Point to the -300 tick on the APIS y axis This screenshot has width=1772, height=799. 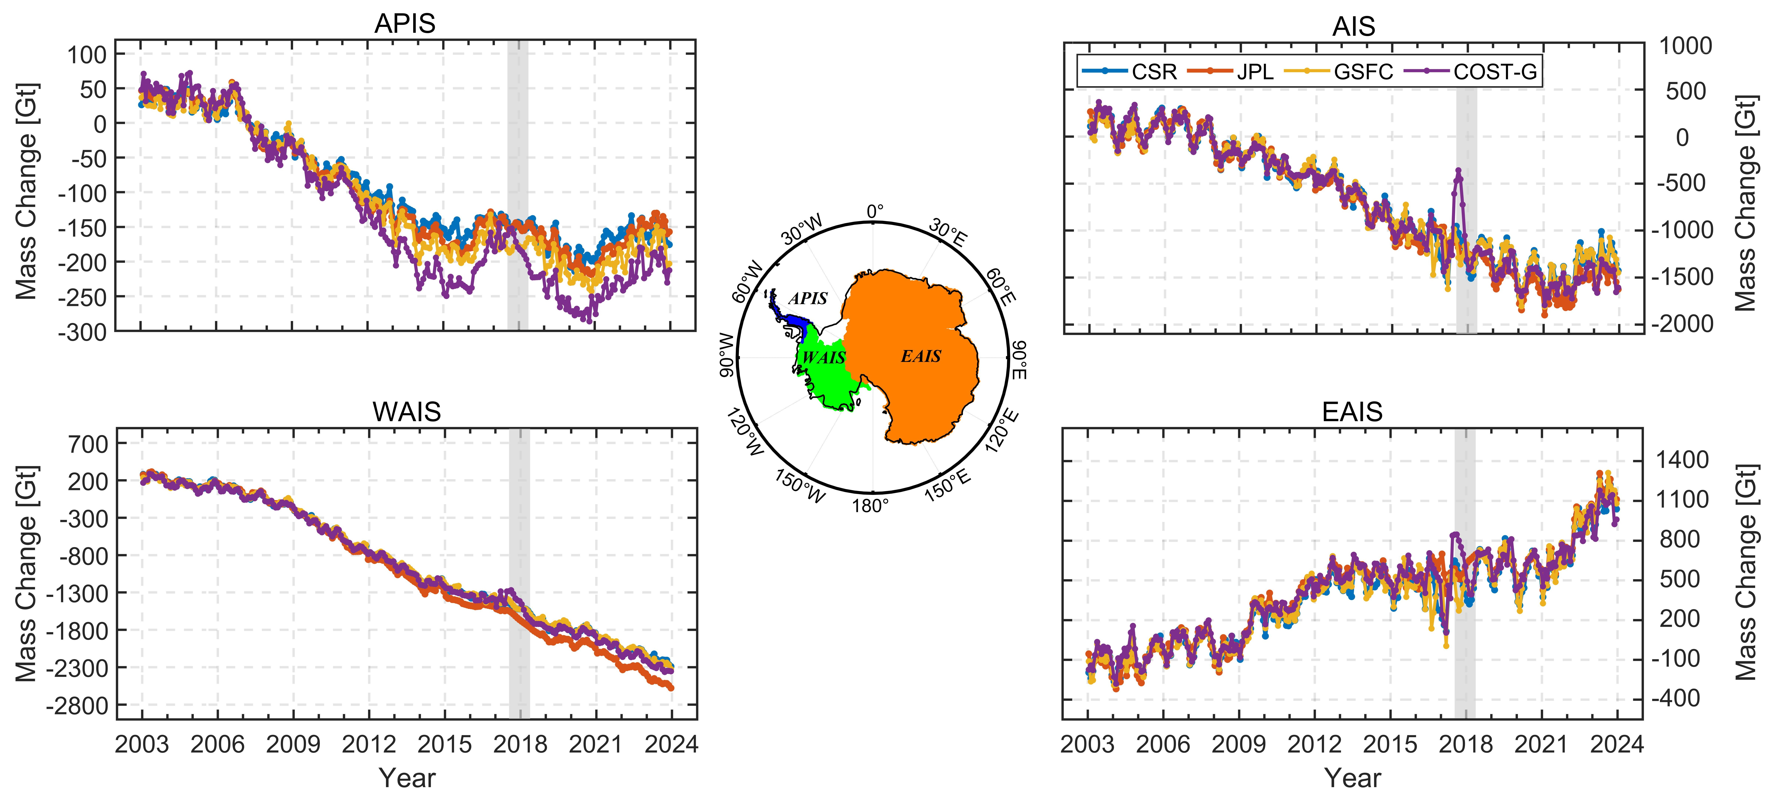point(82,332)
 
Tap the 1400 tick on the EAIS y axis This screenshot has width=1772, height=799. point(1683,459)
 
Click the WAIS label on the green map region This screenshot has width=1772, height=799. point(823,358)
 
